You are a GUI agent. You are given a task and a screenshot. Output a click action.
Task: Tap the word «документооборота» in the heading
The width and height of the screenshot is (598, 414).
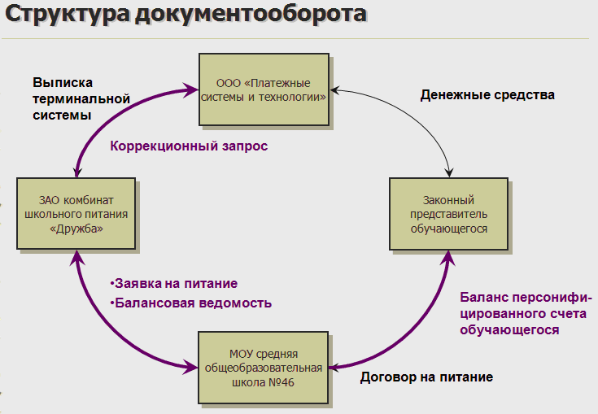(247, 15)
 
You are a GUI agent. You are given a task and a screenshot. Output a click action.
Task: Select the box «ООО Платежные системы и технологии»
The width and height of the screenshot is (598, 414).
(265, 89)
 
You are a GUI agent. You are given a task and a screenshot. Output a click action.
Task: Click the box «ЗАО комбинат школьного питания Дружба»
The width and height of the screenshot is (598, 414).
(72, 214)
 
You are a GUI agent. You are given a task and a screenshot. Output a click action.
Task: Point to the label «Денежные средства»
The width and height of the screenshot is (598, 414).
(487, 95)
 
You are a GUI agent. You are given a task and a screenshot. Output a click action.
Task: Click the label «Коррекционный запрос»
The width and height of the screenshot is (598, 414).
(189, 146)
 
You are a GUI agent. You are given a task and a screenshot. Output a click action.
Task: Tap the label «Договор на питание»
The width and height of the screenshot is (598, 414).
(426, 377)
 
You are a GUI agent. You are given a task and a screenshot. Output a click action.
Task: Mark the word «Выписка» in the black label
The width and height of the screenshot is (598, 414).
(63, 82)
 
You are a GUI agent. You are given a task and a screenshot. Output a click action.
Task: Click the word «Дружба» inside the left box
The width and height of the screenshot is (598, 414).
(72, 229)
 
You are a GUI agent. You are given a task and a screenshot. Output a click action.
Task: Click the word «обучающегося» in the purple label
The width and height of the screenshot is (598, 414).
(509, 330)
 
